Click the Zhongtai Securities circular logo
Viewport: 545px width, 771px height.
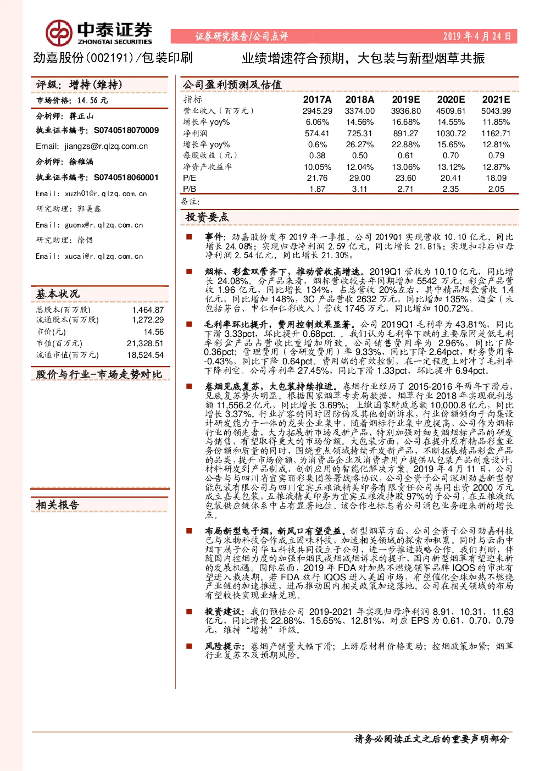pos(59,33)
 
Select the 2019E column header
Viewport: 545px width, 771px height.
pos(405,99)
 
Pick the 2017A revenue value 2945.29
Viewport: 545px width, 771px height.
pos(317,111)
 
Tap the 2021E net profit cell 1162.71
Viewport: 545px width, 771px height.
pos(496,133)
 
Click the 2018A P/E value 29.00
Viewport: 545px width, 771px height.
pos(359,178)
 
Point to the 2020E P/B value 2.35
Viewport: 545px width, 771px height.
pos(451,189)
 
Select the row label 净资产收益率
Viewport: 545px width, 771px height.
pos(207,167)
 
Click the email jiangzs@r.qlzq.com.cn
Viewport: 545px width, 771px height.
pos(106,146)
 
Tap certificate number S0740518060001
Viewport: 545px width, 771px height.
pos(126,178)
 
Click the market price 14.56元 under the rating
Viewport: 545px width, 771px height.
pos(92,101)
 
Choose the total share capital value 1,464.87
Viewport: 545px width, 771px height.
pos(148,310)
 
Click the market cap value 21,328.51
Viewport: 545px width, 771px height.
pos(145,343)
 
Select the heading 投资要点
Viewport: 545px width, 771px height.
pos(207,217)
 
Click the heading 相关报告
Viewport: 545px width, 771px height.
pos(58,505)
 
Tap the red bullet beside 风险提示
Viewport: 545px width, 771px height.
pos(189,646)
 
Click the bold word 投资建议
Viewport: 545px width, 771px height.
pos(223,612)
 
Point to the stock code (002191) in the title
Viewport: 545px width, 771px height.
pos(110,58)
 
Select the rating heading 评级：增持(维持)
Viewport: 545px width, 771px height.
pos(79,85)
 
